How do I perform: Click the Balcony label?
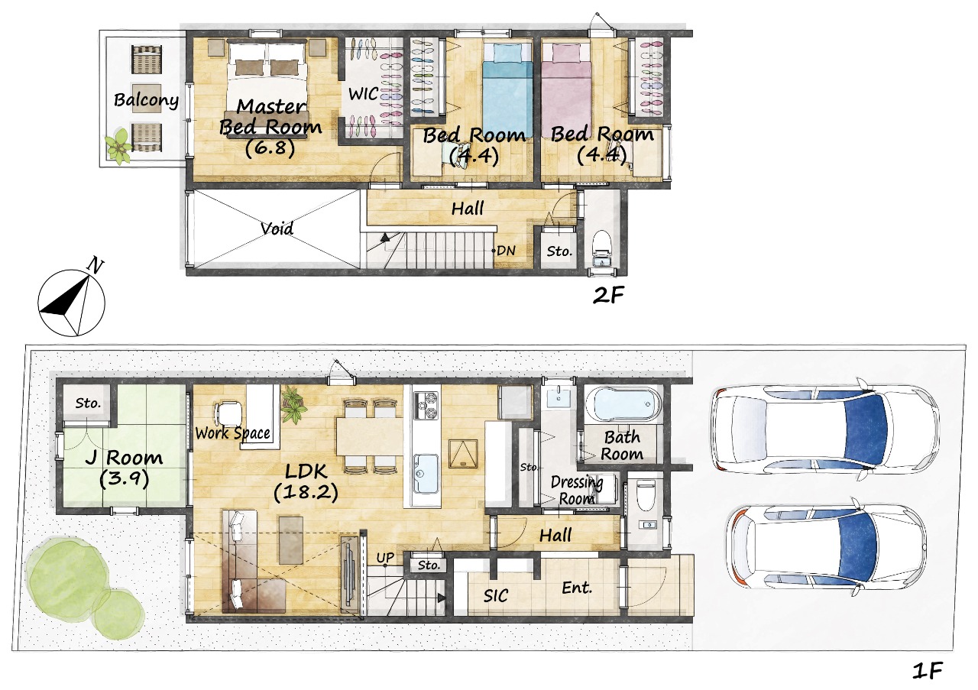(146, 100)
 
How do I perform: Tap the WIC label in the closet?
(363, 93)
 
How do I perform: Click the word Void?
(277, 228)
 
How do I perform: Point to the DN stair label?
(506, 251)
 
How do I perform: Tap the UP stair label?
(385, 558)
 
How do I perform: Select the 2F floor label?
(608, 296)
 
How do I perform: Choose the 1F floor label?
(928, 670)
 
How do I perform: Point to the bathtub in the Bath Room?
(623, 405)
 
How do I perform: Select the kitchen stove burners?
(426, 405)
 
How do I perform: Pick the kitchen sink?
(426, 472)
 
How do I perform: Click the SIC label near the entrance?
(496, 595)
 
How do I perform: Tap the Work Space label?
(232, 433)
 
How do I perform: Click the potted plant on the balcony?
(118, 147)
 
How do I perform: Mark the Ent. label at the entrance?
(577, 588)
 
